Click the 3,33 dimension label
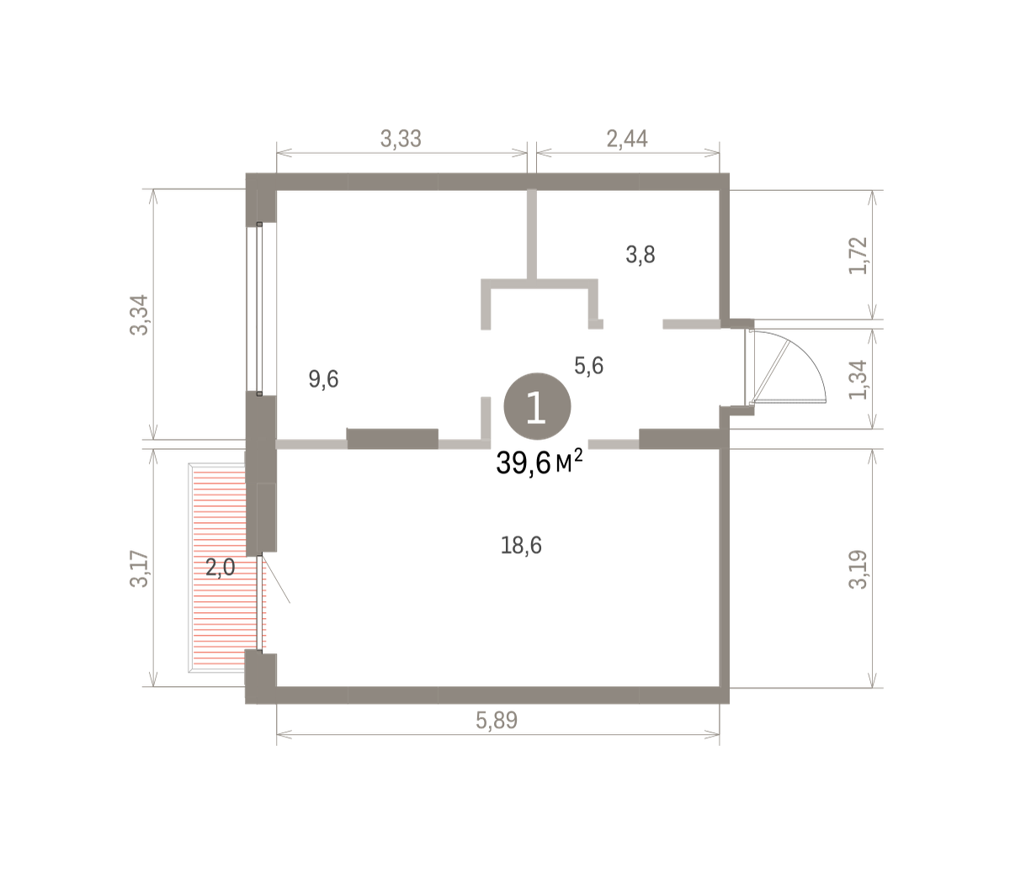(400, 139)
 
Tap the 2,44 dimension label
(627, 139)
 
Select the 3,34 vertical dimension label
(139, 315)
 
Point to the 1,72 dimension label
(858, 256)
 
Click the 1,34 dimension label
(858, 380)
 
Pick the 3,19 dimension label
(858, 570)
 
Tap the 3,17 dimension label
(139, 568)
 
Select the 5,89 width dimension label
(497, 721)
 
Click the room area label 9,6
(323, 379)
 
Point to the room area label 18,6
(521, 545)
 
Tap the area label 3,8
(641, 255)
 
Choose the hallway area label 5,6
(588, 365)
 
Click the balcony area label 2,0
(220, 568)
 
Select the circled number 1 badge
(537, 406)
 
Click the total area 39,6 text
(524, 462)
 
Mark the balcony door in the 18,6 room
(260, 604)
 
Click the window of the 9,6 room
(259, 309)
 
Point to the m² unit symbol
(569, 461)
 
